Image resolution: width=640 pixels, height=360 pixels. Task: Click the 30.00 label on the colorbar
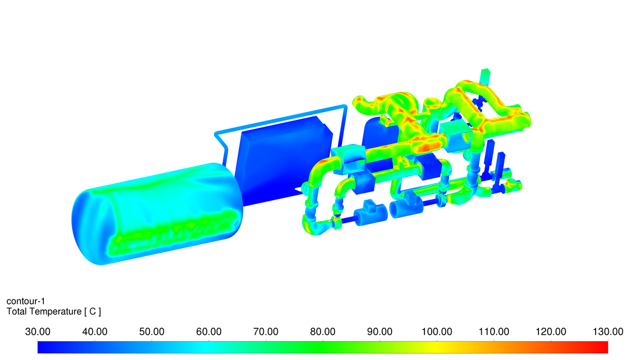tap(38, 332)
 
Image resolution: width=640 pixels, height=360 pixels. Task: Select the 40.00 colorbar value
tap(94, 332)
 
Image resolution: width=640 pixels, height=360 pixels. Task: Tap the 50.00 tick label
tap(152, 332)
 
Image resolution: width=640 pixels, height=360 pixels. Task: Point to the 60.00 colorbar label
tap(208, 332)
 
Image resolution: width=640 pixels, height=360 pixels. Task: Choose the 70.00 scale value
tap(266, 332)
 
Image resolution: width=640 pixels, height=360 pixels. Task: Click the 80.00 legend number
tap(323, 332)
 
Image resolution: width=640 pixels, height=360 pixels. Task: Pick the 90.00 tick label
tap(379, 332)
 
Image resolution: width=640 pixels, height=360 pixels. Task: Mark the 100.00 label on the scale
tap(437, 332)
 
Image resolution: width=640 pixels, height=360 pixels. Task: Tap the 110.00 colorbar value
tap(494, 332)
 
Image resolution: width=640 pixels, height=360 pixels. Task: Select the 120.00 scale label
tap(551, 332)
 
